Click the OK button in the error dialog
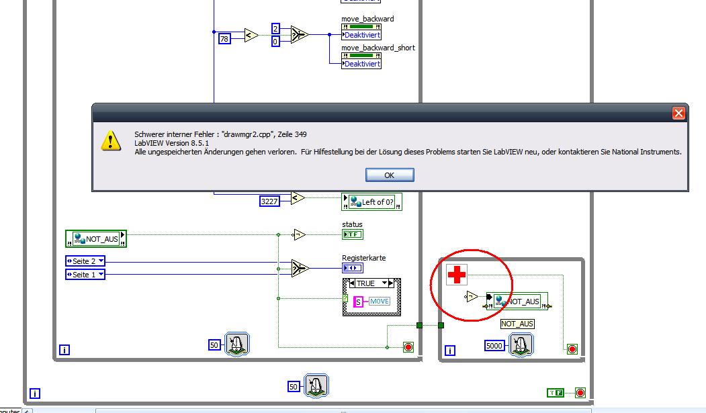(390, 175)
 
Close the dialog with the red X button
(678, 113)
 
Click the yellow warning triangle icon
(111, 141)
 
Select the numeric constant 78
(224, 39)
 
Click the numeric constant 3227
(269, 201)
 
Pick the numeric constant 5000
(494, 346)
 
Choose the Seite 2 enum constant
(85, 261)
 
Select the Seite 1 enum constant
(85, 275)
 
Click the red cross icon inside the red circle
(457, 275)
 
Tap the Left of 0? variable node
(371, 202)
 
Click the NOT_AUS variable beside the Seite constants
(96, 239)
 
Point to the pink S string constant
(358, 302)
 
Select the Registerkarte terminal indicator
(353, 268)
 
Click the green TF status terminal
(353, 234)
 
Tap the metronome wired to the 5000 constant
(521, 345)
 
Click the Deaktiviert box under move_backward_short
(361, 64)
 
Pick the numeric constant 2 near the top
(275, 29)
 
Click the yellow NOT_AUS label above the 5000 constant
(517, 324)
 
